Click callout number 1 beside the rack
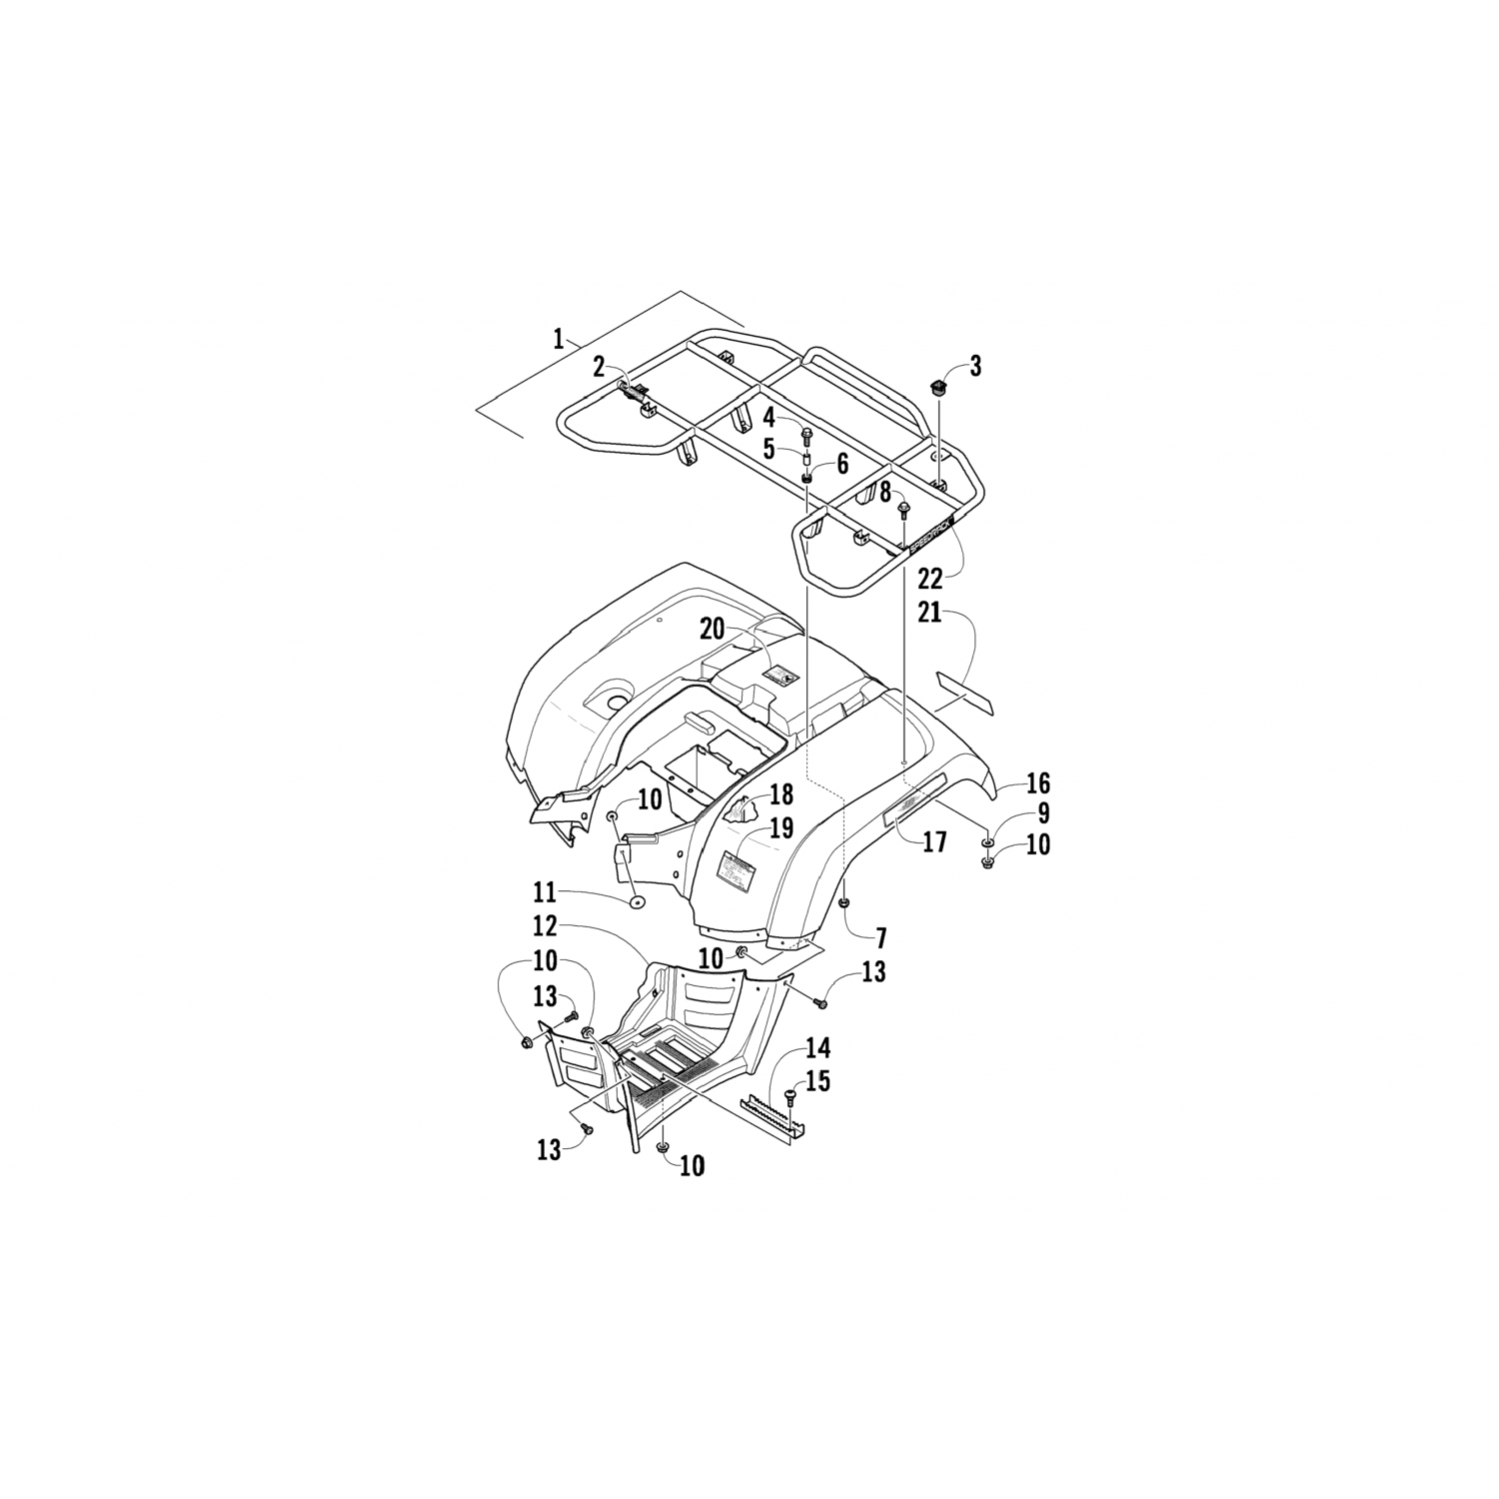[x=559, y=339]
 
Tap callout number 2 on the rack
[x=599, y=367]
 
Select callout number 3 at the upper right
[x=974, y=367]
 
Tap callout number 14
[x=817, y=1049]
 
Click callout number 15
[x=817, y=1081]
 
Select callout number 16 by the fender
[x=1036, y=782]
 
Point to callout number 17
[x=933, y=842]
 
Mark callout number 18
[x=780, y=795]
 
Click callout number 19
[x=780, y=828]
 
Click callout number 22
[x=929, y=579]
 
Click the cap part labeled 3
[x=938, y=389]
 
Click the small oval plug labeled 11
[x=637, y=904]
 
